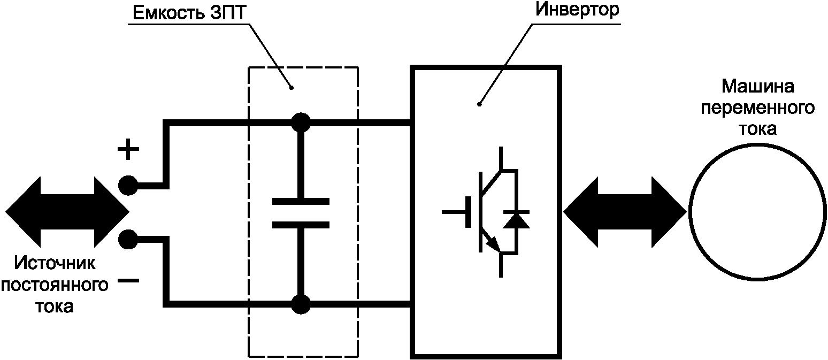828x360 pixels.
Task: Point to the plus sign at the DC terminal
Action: pos(128,151)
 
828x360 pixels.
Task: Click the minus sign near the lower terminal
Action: pos(128,281)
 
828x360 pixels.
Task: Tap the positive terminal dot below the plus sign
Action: pos(128,186)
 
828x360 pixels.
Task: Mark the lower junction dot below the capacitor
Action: pos(300,305)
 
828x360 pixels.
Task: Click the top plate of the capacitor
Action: pos(300,202)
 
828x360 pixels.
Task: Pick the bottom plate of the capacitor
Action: pos(300,225)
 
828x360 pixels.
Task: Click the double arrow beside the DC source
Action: pos(66,212)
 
